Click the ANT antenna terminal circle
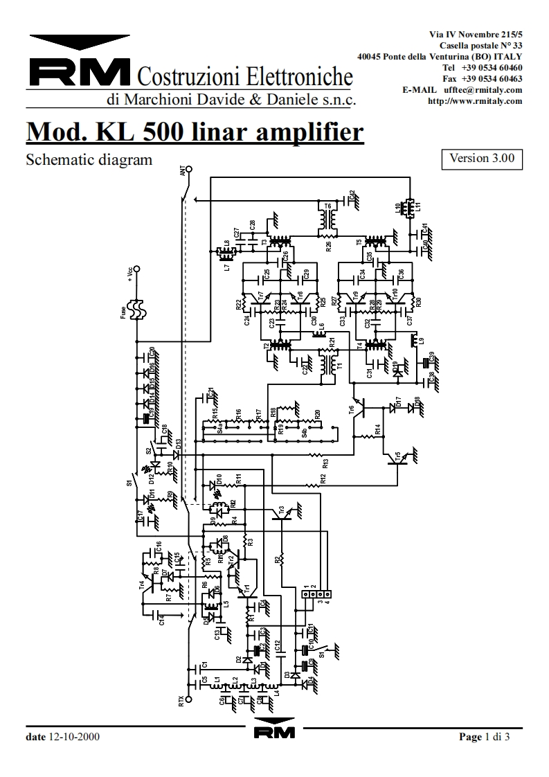pos(189,168)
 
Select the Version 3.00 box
pos(482,159)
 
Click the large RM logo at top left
pos(80,71)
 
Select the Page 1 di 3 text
pos(485,737)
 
